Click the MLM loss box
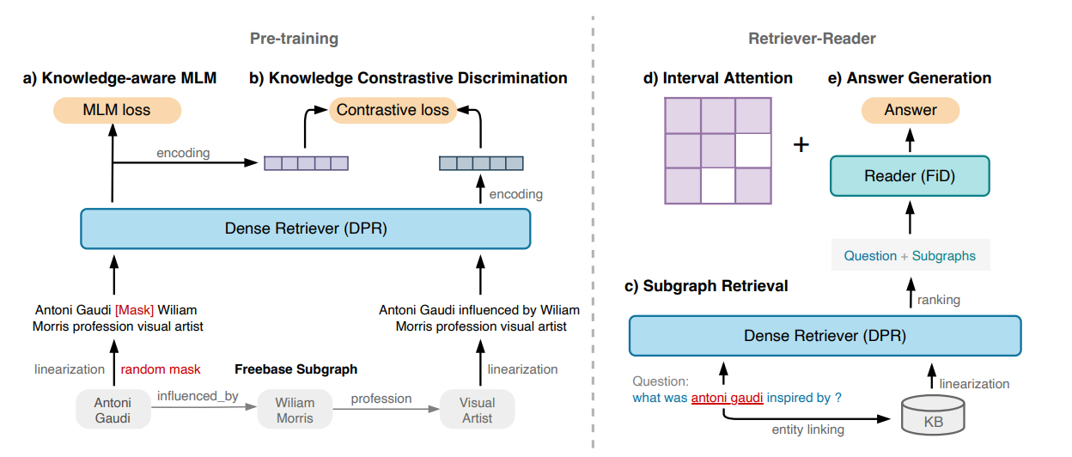click(117, 110)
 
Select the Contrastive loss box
click(393, 110)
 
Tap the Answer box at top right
click(911, 110)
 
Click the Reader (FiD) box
click(910, 176)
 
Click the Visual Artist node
click(477, 409)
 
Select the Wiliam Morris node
click(295, 409)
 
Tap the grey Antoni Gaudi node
click(113, 409)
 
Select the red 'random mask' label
click(161, 369)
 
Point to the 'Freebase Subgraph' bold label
click(295, 369)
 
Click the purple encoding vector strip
click(306, 162)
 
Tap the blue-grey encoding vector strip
click(480, 162)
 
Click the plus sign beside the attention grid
click(801, 144)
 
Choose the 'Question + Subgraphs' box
click(910, 255)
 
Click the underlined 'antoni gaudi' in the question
click(727, 398)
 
